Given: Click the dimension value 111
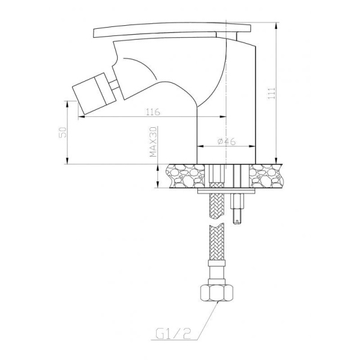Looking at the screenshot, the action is [x=272, y=93].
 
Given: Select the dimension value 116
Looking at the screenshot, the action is [x=153, y=112].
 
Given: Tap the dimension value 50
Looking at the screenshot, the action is [x=62, y=132].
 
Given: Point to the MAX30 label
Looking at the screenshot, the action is [x=153, y=142].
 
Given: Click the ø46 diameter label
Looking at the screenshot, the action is [x=226, y=142].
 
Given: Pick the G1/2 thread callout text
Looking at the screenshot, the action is [x=173, y=334].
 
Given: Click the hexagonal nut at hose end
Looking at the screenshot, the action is [x=217, y=293].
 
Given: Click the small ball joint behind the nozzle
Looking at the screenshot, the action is [x=114, y=85].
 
